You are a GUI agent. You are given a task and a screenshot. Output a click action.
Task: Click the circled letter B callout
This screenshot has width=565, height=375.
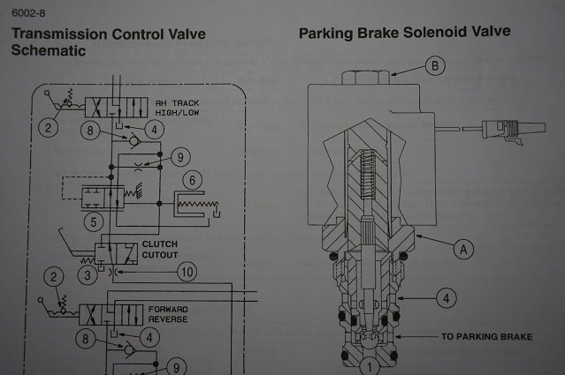pyautogui.click(x=433, y=65)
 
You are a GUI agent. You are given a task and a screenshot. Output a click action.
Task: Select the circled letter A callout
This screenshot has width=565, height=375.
pyautogui.click(x=459, y=250)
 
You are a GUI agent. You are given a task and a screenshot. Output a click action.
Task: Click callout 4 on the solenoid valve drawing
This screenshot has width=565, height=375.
pyautogui.click(x=447, y=297)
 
